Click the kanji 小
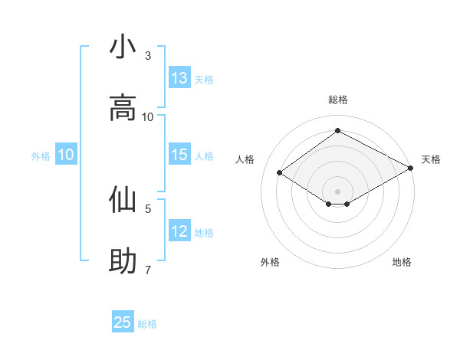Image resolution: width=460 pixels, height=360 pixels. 123,47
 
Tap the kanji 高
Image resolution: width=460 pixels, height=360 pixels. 123,108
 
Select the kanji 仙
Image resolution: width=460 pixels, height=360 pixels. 123,199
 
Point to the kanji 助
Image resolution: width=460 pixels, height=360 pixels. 123,260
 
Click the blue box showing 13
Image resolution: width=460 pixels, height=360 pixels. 179,78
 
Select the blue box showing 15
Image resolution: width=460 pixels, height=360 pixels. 179,155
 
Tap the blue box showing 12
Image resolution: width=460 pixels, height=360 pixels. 179,231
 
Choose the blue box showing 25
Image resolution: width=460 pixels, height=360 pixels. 123,322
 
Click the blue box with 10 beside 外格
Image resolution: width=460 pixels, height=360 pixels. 66,155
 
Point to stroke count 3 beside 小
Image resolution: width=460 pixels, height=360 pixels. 148,56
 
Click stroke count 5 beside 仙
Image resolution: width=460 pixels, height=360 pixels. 148,208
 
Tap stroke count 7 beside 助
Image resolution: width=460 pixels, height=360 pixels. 148,269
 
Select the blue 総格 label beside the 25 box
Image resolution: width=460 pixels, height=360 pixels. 147,324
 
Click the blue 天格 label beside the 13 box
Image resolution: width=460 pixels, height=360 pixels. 204,80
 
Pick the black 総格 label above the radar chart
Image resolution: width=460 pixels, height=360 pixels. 338,100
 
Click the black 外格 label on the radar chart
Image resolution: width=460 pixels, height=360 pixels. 270,262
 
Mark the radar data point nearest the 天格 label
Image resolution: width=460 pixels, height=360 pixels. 412,170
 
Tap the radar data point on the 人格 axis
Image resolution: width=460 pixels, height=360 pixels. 280,173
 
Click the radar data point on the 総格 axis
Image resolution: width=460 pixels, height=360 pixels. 338,131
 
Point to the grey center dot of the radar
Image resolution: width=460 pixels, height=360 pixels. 338,191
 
